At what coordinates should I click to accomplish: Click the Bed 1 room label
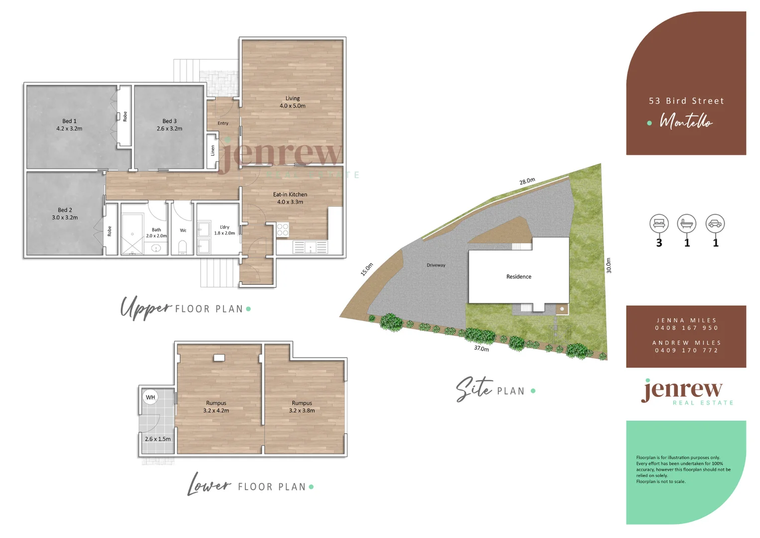point(69,125)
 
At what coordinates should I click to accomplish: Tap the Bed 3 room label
point(169,125)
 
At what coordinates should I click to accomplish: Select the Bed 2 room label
point(65,214)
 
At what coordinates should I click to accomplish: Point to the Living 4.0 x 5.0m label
point(293,102)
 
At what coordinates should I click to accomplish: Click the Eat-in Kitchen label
point(290,198)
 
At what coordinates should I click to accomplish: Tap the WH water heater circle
point(150,398)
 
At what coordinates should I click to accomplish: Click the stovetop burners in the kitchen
point(283,230)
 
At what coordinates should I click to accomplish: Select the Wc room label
point(183,230)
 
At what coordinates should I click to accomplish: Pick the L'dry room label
point(224,230)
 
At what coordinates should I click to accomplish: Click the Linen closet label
point(213,150)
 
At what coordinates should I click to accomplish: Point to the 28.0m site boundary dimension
point(528,181)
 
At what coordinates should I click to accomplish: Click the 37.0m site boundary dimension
point(481,349)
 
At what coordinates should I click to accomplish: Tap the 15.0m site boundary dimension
point(367,269)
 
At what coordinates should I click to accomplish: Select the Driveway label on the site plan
point(436,265)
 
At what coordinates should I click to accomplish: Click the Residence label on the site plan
point(519,276)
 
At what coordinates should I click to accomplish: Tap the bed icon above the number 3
point(659,224)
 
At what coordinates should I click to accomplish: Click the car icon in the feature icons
point(715,224)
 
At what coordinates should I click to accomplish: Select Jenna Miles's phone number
point(686,328)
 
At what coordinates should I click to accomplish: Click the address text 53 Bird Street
point(686,101)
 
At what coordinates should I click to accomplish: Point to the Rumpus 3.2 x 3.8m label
point(302,406)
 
